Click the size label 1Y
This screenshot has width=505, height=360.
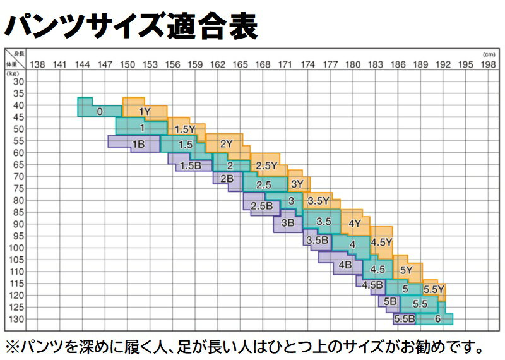[145, 111]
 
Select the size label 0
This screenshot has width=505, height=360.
[100, 111]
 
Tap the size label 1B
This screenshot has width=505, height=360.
[138, 145]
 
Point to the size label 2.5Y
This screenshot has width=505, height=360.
[267, 165]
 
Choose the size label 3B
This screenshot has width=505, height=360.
[288, 222]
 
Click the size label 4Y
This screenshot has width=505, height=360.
[354, 223]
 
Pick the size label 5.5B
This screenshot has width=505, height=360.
[404, 318]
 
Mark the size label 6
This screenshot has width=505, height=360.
[437, 318]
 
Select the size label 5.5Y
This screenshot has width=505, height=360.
[434, 290]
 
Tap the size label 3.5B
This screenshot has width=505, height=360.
[317, 241]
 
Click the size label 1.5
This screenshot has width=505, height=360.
[185, 145]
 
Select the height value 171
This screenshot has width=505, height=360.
[285, 64]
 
